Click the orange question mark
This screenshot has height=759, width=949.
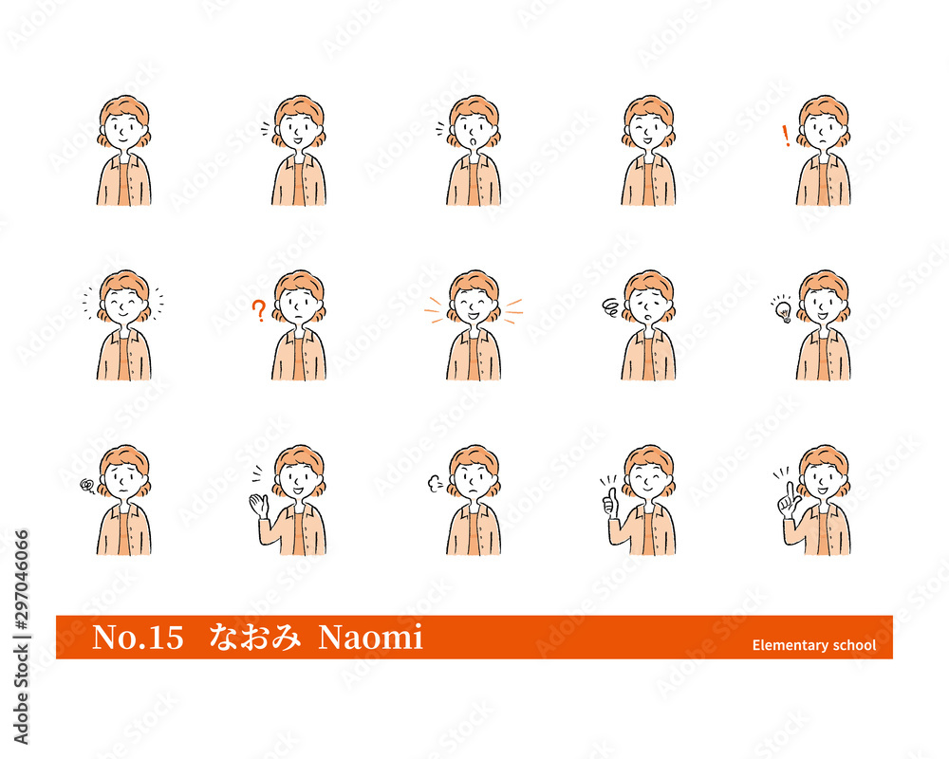[258, 310]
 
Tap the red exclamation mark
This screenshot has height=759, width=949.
[786, 137]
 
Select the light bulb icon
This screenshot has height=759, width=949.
[783, 309]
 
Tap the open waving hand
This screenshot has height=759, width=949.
[259, 506]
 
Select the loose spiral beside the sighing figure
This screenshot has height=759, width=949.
[610, 307]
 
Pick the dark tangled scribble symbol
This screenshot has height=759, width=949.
[87, 485]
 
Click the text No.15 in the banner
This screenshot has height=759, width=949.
[138, 638]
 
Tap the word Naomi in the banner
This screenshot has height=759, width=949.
[370, 638]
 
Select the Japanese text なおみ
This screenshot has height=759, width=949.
[254, 637]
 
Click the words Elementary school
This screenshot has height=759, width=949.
[814, 645]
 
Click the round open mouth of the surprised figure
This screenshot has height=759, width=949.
[474, 141]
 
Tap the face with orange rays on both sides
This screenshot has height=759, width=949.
[474, 305]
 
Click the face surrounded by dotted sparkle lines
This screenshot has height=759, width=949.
[124, 305]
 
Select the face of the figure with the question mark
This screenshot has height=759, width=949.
[298, 305]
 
